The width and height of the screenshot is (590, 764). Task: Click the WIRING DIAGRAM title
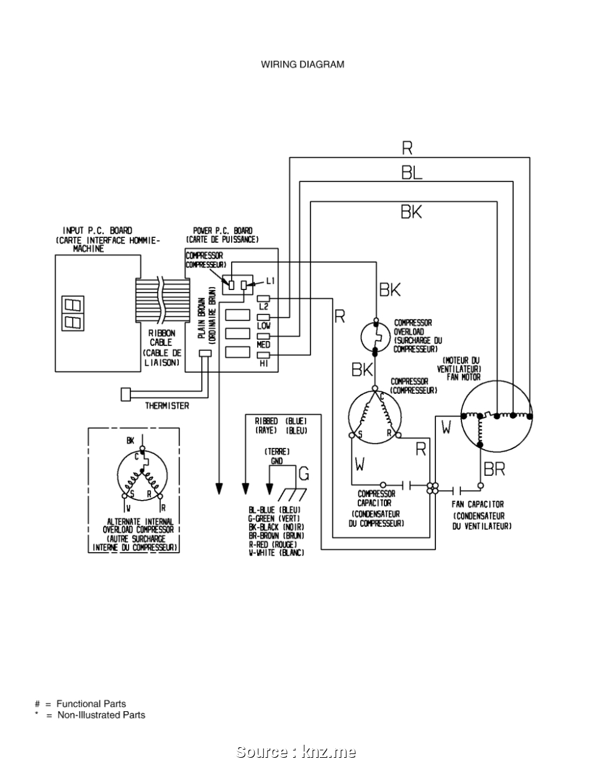tap(302, 64)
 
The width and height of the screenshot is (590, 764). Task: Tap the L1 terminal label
tap(270, 281)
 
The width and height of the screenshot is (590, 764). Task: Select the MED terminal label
tap(263, 344)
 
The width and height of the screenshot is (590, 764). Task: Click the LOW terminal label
tap(263, 325)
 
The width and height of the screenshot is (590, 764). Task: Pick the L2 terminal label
tap(263, 307)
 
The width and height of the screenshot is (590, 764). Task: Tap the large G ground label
tap(304, 475)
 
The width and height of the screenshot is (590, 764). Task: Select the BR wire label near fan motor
tap(494, 470)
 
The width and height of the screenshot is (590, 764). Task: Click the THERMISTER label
tap(167, 406)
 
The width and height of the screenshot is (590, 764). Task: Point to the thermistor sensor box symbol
tap(126, 394)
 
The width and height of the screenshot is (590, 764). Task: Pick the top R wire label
tap(407, 148)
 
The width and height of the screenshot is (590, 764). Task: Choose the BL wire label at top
tap(411, 173)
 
